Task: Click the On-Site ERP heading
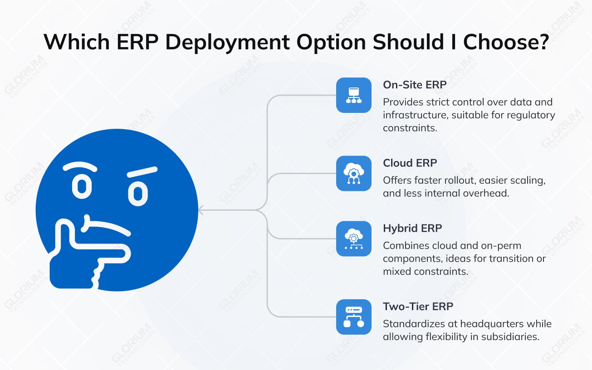click(x=415, y=84)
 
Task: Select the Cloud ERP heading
click(x=410, y=163)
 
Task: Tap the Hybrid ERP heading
click(x=412, y=228)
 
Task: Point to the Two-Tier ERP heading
click(x=418, y=307)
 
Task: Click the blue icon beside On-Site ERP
click(x=353, y=95)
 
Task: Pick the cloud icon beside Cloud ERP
click(x=353, y=173)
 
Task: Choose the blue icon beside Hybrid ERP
click(x=353, y=239)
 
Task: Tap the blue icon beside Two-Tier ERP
click(x=353, y=317)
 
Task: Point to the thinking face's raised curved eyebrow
click(x=80, y=167)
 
